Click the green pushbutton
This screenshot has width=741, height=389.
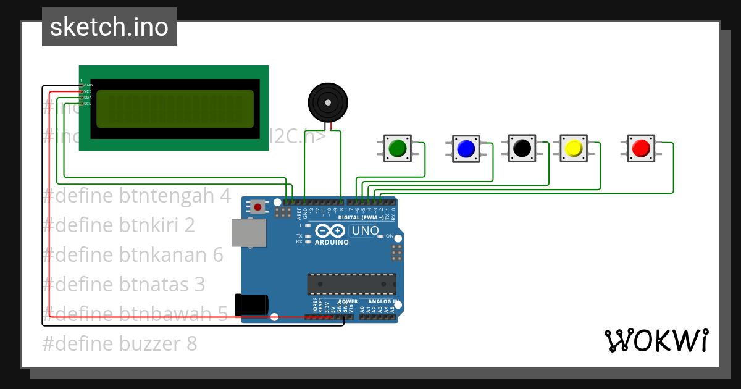[397, 148]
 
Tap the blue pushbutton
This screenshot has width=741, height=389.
[465, 148]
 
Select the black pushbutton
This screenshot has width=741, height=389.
[522, 148]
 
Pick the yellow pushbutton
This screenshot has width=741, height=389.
[574, 148]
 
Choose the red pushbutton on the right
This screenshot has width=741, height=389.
[640, 148]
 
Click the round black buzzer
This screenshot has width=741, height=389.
[327, 102]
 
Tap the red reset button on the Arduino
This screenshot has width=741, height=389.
[257, 206]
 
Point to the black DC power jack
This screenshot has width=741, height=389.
[251, 305]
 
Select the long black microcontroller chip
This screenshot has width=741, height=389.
[352, 283]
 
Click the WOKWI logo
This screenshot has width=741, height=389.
[656, 340]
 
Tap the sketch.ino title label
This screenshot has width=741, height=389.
[109, 27]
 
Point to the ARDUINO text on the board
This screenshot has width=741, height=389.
[332, 242]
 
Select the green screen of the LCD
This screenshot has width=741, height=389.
[175, 109]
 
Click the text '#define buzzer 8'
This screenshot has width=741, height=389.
[120, 343]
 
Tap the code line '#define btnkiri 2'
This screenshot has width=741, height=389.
[119, 225]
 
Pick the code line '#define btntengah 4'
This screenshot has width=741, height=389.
[136, 196]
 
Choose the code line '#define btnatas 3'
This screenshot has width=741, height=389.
[124, 285]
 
